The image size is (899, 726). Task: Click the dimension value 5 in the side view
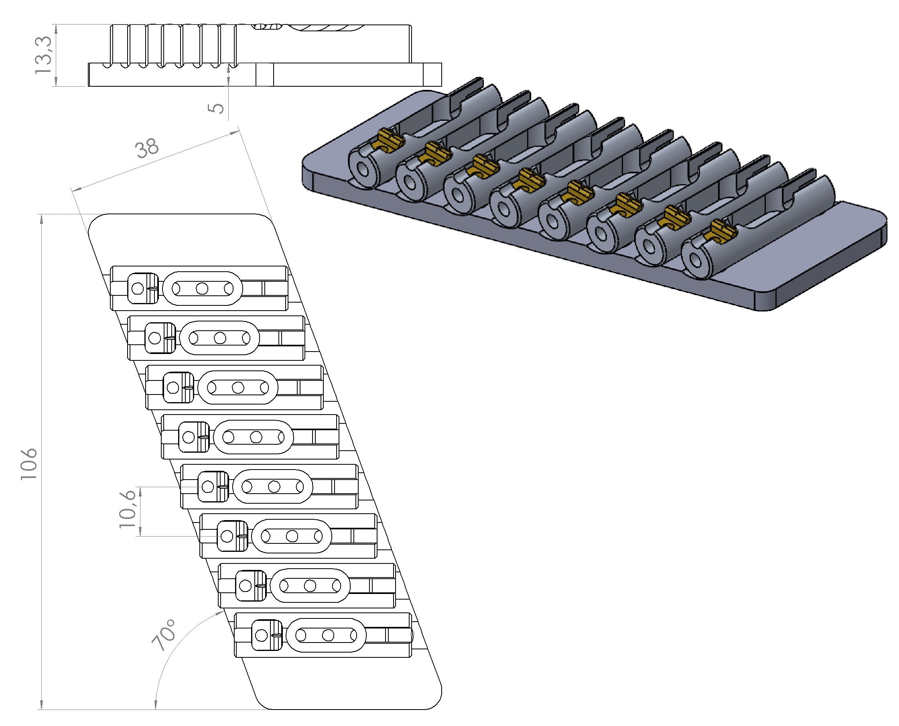point(216,108)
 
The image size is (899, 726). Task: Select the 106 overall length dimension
point(30,464)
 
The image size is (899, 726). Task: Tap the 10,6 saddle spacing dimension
point(128,508)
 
